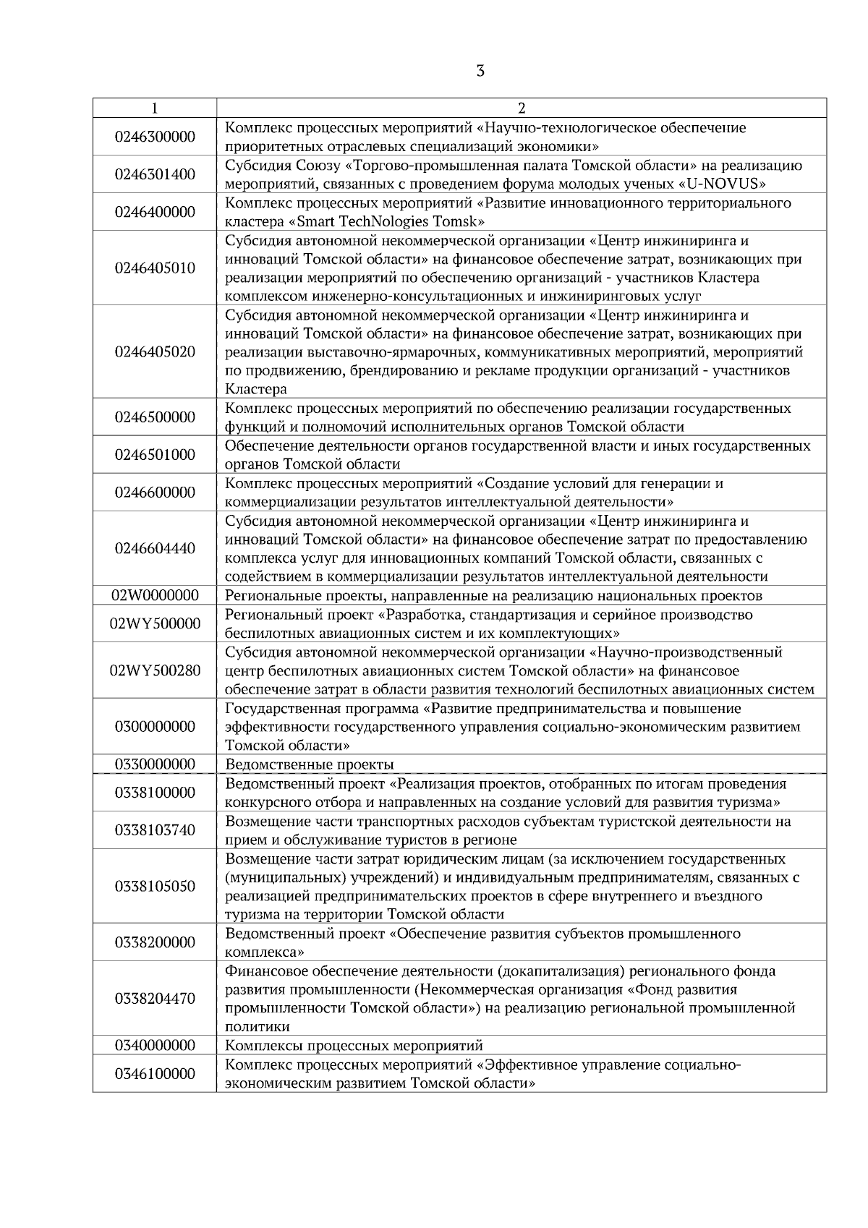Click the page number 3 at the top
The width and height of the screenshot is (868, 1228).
(480, 72)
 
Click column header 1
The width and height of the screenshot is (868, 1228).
(155, 108)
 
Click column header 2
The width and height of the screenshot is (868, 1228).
(522, 108)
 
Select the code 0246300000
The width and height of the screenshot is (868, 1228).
(155, 137)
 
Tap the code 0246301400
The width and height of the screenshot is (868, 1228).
(155, 174)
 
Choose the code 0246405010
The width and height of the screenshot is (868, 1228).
(155, 268)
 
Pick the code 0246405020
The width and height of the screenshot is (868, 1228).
(155, 352)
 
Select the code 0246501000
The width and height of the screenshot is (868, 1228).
(155, 455)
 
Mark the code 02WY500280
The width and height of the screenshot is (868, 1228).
(155, 670)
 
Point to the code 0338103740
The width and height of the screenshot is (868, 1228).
(155, 830)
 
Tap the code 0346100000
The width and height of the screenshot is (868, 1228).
(155, 1074)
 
